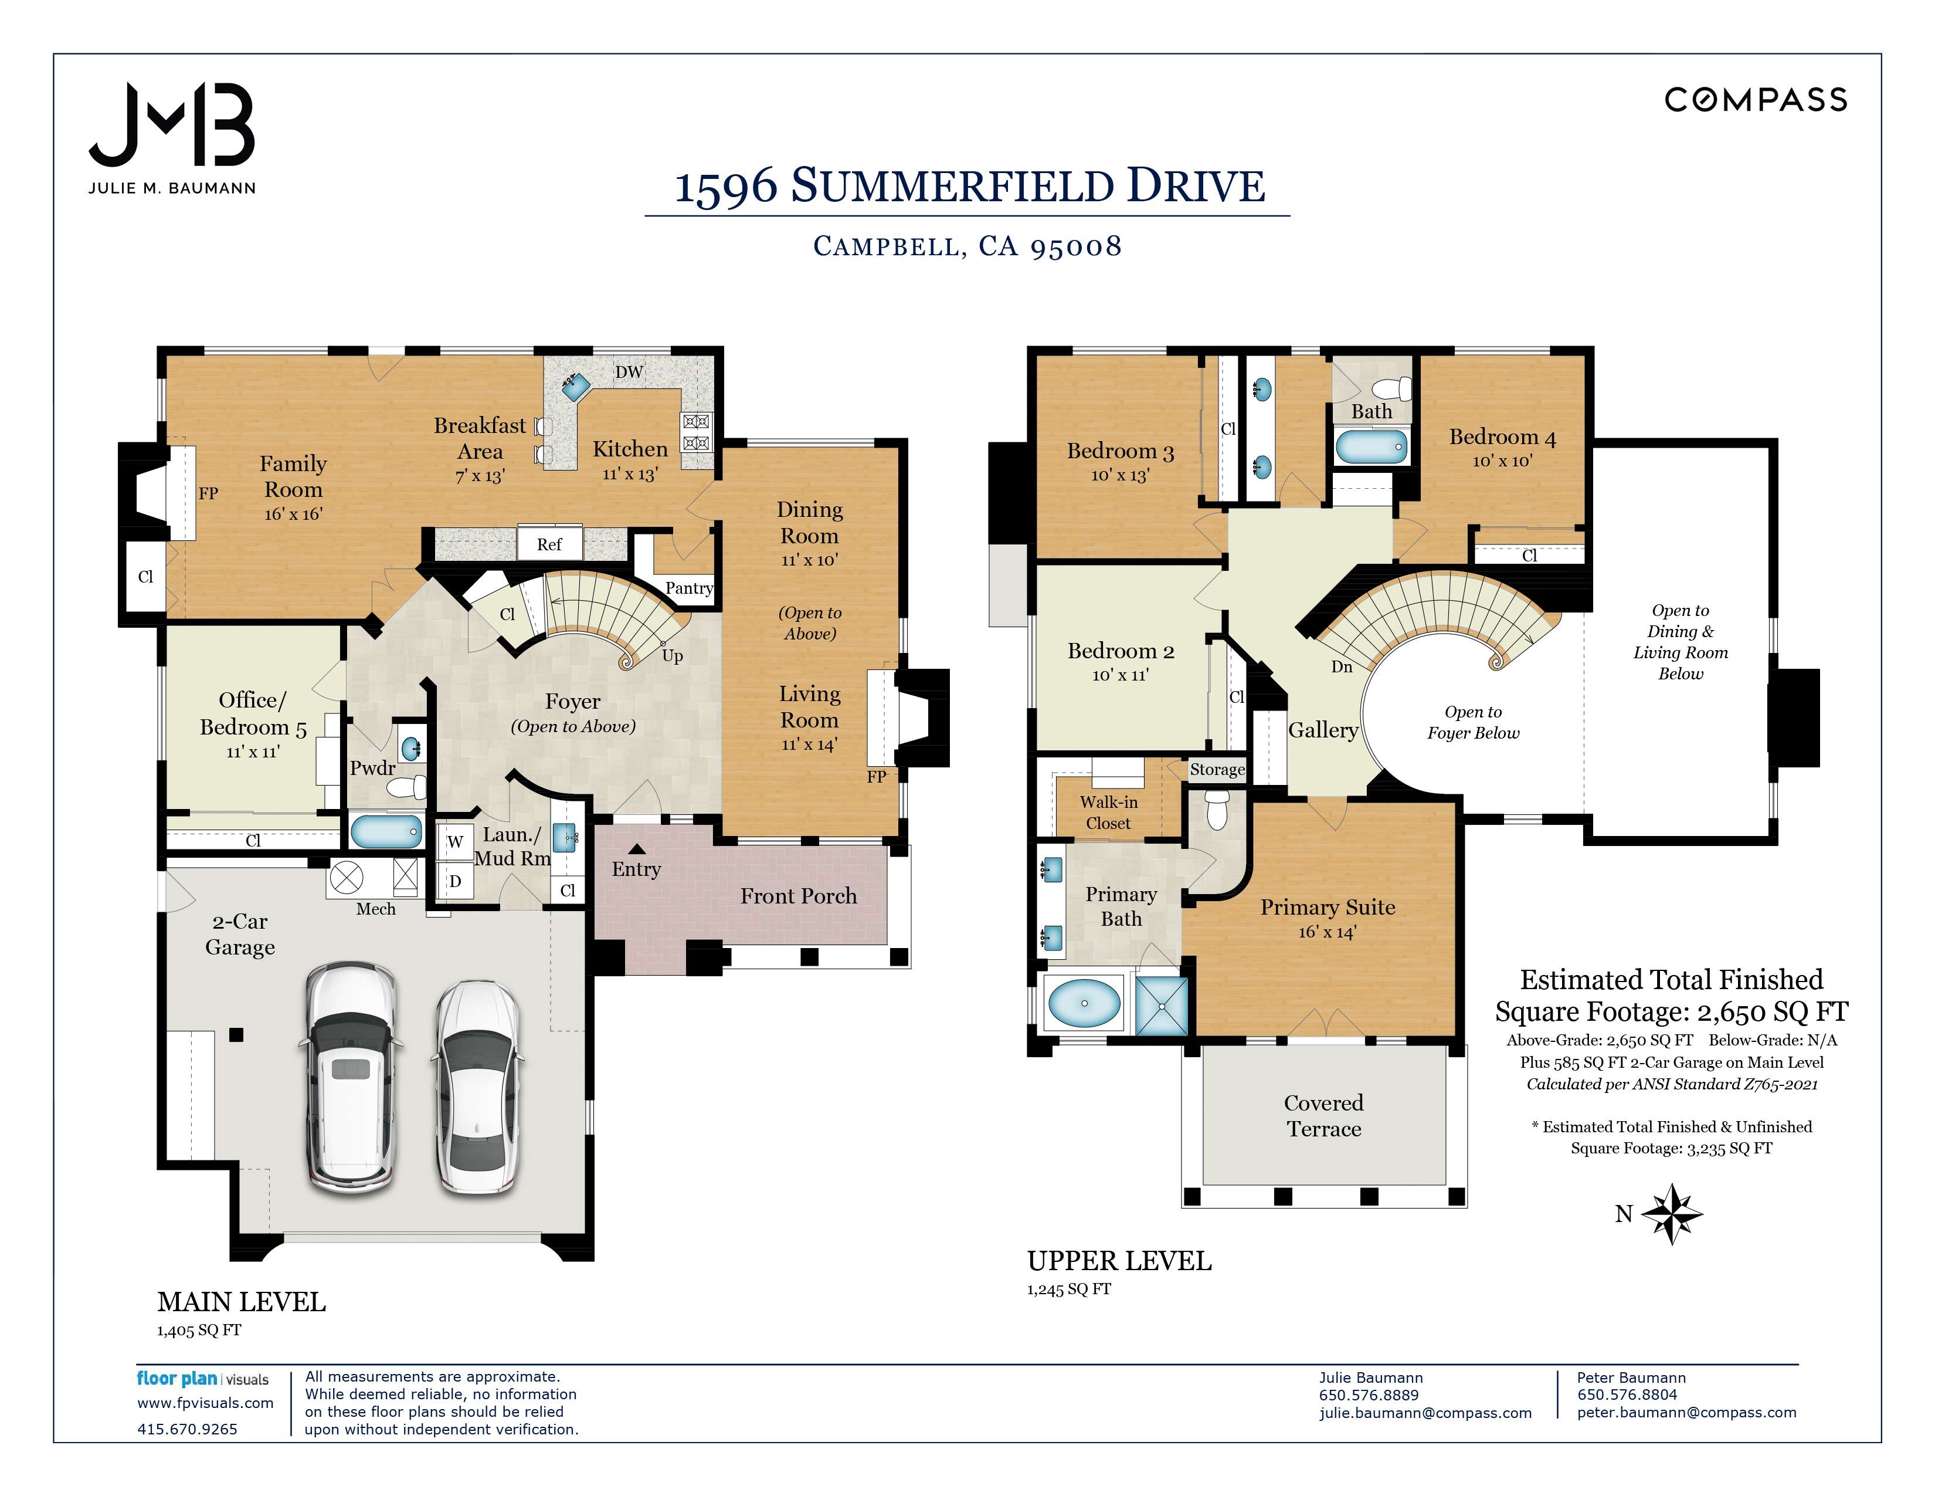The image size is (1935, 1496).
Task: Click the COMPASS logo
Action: coord(1755,99)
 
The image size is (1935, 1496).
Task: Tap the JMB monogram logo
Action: coord(172,125)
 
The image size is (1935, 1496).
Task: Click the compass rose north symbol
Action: coord(1671,1213)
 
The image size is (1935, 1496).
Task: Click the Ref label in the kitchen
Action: coord(549,544)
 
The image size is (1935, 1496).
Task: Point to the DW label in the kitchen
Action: coord(629,371)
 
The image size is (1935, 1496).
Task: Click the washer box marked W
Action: coord(454,841)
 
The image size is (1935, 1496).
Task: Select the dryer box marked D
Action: coord(454,881)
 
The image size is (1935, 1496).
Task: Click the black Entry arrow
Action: coord(637,849)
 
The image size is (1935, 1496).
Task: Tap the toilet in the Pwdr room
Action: coord(409,786)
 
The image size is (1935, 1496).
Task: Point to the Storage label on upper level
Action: coord(1217,769)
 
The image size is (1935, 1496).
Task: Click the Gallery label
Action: coord(1323,730)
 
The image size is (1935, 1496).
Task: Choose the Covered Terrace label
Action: coord(1323,1116)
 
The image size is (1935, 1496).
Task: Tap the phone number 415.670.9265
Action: coord(187,1429)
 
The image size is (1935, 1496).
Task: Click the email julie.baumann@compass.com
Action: coord(1425,1413)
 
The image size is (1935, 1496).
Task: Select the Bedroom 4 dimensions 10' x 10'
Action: coord(1502,461)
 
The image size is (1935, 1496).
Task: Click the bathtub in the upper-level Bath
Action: coord(1371,446)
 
